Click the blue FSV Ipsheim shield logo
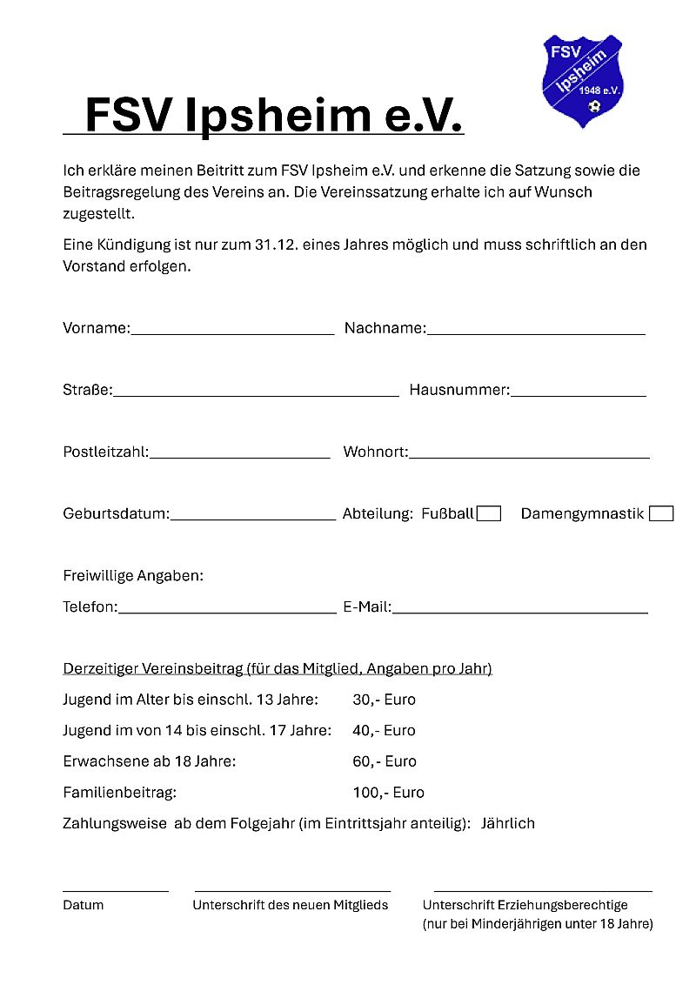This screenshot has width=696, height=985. click(582, 79)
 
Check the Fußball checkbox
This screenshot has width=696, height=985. click(489, 513)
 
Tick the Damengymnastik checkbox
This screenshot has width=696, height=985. click(661, 513)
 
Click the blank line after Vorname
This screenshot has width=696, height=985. click(232, 332)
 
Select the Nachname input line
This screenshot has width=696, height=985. click(536, 332)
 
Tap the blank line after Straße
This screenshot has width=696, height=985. click(256, 394)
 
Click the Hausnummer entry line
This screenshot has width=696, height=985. click(578, 394)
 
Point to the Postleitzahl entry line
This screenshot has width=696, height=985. click(239, 456)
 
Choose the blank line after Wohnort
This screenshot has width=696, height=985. click(529, 456)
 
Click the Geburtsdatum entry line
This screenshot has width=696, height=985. click(252, 518)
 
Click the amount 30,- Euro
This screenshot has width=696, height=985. click(384, 700)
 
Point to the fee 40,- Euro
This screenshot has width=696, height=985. click(384, 731)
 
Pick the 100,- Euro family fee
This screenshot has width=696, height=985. click(388, 793)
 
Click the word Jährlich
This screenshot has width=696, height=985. click(508, 823)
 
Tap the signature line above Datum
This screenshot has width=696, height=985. click(115, 890)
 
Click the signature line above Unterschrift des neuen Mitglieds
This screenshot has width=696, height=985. click(292, 890)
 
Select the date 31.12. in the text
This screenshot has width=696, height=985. click(277, 245)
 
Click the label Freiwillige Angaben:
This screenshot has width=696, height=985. click(133, 576)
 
